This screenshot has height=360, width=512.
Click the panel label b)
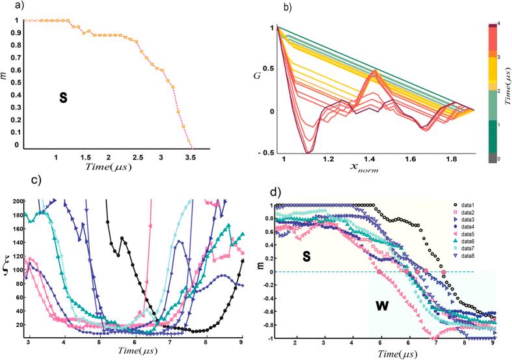268,9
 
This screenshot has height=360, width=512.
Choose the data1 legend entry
465,206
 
